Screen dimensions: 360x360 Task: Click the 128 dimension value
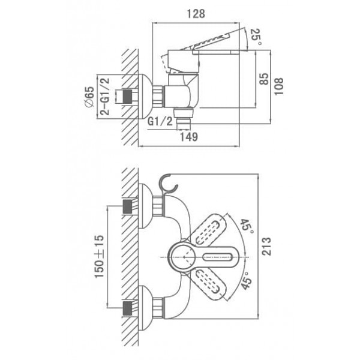point(196,14)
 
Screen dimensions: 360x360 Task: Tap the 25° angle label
point(256,37)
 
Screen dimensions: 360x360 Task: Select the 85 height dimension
point(264,79)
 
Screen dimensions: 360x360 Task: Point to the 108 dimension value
point(279,86)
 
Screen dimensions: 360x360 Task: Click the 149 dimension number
point(189,137)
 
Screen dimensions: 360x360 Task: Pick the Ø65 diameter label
point(89,97)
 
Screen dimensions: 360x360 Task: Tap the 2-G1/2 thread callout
point(104,97)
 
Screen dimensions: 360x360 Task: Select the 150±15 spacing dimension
point(99,256)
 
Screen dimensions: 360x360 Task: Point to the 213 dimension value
point(266,247)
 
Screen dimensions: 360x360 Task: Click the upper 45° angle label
point(247,226)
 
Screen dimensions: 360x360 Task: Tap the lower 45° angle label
point(247,281)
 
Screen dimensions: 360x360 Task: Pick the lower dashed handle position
point(208,283)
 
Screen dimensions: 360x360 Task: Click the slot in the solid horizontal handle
point(218,257)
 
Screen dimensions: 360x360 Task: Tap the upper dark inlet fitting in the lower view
point(128,206)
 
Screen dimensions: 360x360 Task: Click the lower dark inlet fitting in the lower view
point(128,308)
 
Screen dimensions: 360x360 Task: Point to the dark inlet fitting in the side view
point(127,96)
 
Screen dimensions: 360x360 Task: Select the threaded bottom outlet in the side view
point(184,119)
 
